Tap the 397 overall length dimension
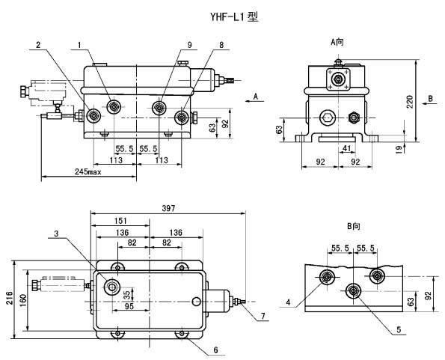[168, 208]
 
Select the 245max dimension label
[88, 171]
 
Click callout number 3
[56, 234]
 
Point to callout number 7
[263, 316]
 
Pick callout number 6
[215, 350]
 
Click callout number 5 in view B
[399, 329]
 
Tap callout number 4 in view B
[289, 302]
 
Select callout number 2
[38, 45]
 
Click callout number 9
[189, 45]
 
